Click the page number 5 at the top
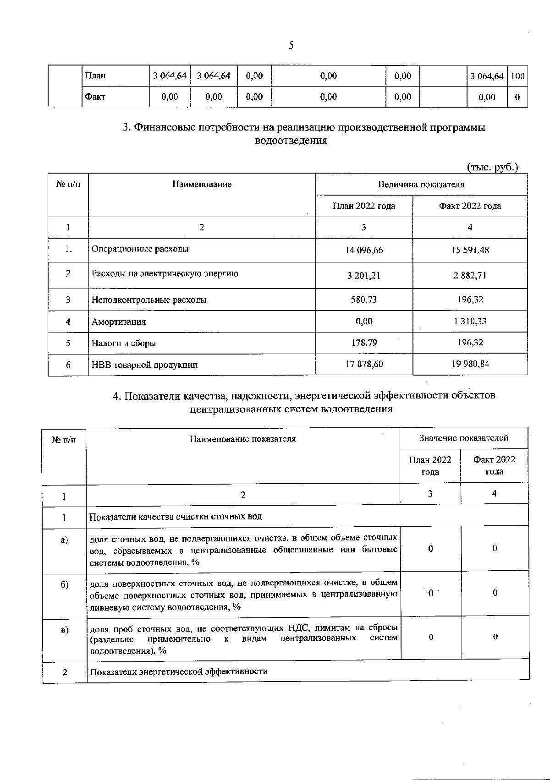(x=291, y=45)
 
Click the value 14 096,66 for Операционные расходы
(x=364, y=250)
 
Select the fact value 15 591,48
(x=470, y=250)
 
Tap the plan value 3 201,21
(x=364, y=276)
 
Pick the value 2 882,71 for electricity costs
(x=470, y=275)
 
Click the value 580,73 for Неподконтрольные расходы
(x=364, y=300)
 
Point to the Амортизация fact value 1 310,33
(x=470, y=321)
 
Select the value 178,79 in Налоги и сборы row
(x=364, y=343)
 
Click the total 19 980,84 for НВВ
(x=470, y=364)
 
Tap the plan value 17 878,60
(x=364, y=364)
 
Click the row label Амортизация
(x=119, y=322)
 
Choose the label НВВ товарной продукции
(x=144, y=365)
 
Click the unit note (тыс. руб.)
(x=492, y=167)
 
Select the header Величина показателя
(x=421, y=185)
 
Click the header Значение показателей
(x=463, y=438)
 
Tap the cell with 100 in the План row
(x=517, y=76)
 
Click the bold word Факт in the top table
(x=95, y=97)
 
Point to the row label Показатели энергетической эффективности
(x=178, y=671)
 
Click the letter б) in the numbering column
(x=65, y=585)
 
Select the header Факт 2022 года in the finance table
(x=470, y=206)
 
